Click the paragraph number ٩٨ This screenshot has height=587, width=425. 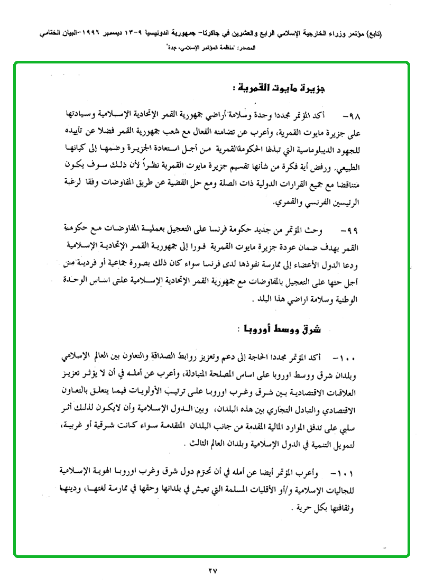click(349, 115)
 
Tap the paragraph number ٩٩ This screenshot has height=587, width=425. click(349, 231)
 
